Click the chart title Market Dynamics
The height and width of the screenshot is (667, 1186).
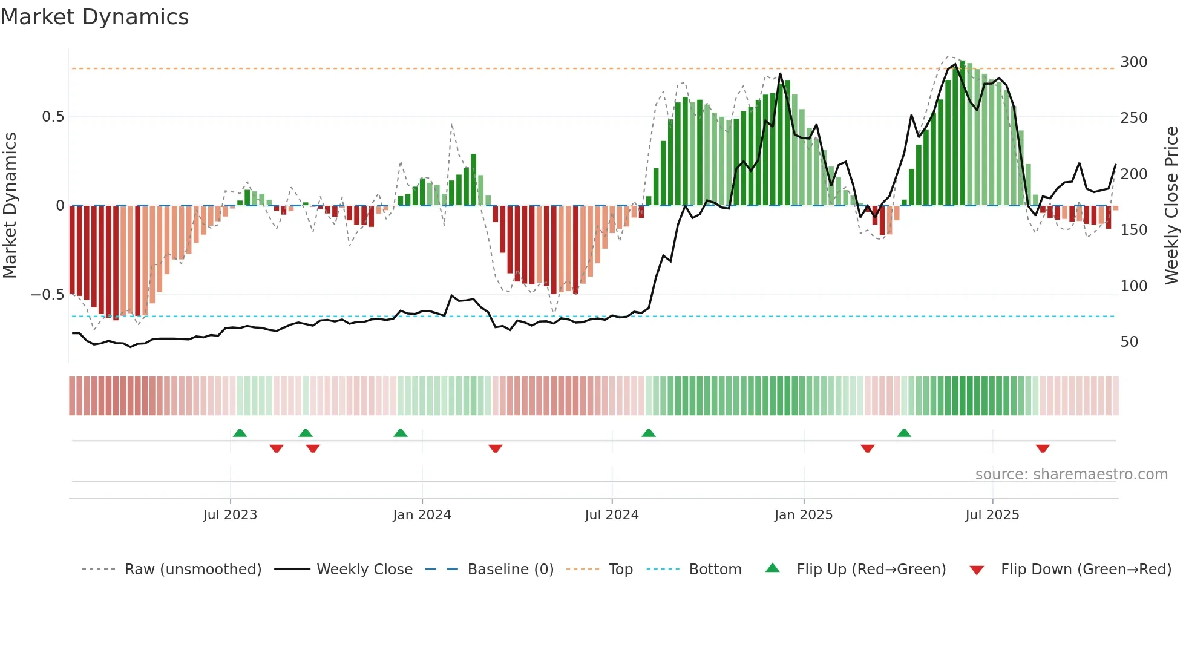click(95, 17)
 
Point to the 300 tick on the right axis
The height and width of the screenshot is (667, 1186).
click(1133, 62)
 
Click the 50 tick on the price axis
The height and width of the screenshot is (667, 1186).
click(1129, 342)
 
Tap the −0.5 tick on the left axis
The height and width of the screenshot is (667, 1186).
click(48, 295)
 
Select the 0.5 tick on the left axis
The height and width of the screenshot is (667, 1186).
click(53, 117)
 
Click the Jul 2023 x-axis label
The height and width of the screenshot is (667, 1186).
click(230, 515)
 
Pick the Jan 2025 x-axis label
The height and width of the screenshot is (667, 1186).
click(804, 515)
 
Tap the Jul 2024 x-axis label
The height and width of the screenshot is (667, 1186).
click(612, 515)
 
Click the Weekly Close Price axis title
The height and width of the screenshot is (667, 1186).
click(1171, 206)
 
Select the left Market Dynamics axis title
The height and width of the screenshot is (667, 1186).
click(10, 206)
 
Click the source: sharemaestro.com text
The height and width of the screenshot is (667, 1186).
click(1071, 475)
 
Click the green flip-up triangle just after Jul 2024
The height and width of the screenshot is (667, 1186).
click(649, 433)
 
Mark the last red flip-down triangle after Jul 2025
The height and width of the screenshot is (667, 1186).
click(1043, 448)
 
